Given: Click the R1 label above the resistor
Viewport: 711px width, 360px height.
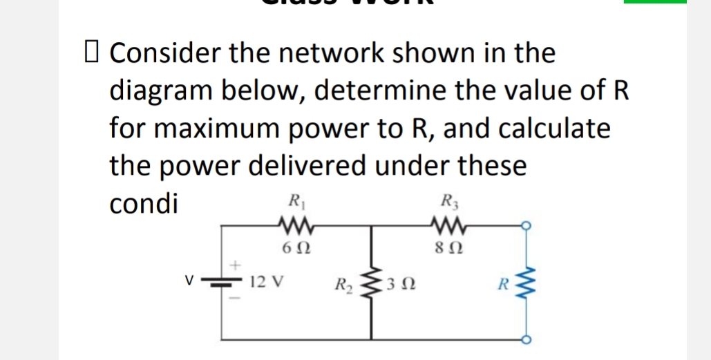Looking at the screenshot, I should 293,205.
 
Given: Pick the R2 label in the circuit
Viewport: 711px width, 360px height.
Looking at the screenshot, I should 343,285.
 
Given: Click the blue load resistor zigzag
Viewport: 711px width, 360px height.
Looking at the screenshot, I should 530,283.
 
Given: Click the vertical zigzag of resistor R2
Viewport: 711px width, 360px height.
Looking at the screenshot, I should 372,283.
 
